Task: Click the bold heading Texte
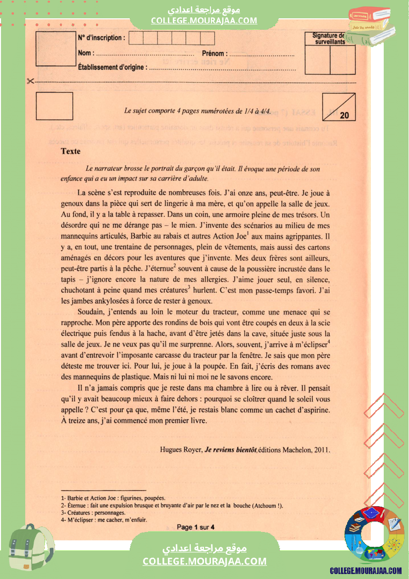[70, 151]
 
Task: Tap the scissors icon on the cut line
[31, 81]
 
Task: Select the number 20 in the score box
[345, 115]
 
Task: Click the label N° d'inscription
[102, 38]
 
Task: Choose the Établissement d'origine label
[111, 67]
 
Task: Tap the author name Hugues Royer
[181, 450]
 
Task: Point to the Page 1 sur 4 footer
[199, 527]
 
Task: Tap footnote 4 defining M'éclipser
[103, 520]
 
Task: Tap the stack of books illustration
[371, 27]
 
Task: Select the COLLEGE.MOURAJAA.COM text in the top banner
[204, 20]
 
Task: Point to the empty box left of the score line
[54, 106]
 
